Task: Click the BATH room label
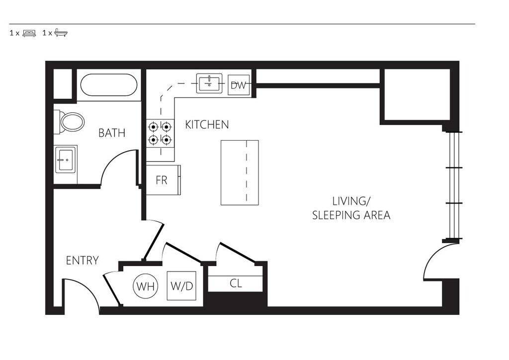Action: point(112,133)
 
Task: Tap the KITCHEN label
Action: point(207,124)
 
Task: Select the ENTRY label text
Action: point(82,261)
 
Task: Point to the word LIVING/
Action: point(350,201)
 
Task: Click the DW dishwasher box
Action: point(239,85)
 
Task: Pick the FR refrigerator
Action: point(163,180)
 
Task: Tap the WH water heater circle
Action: point(146,286)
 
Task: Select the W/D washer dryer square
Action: point(181,285)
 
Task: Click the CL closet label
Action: point(236,283)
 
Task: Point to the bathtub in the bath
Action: point(109,85)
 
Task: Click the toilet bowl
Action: point(73,122)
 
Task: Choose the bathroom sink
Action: point(66,159)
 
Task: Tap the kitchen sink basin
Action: point(209,83)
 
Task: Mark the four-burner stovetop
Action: point(160,133)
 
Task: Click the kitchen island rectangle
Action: point(240,173)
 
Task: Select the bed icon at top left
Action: point(29,33)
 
